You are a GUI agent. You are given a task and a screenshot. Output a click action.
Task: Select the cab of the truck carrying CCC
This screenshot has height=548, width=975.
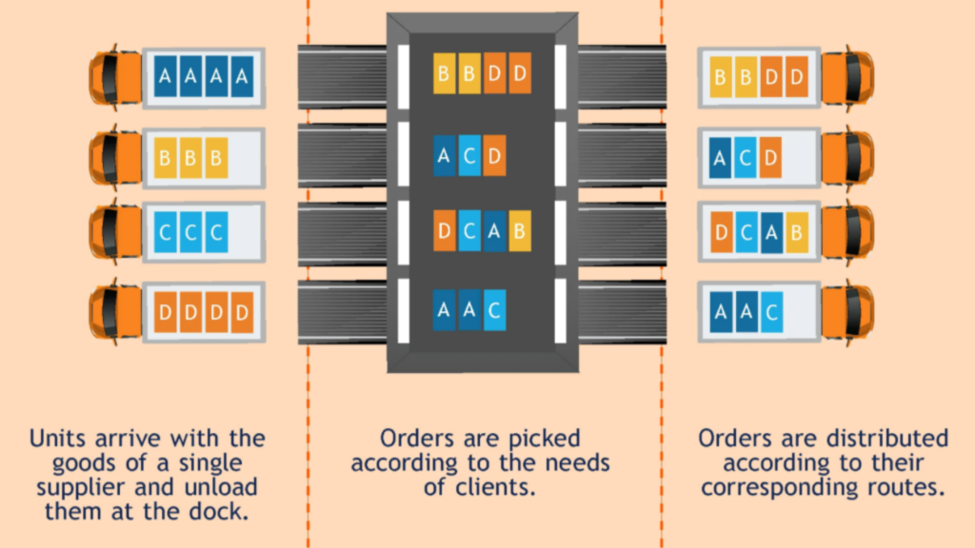113,231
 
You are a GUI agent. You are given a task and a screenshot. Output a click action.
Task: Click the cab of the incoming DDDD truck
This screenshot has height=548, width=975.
113,311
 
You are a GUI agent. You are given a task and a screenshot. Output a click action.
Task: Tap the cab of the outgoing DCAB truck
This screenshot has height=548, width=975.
848,231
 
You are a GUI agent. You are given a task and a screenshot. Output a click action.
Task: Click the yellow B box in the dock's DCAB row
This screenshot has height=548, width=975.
519,231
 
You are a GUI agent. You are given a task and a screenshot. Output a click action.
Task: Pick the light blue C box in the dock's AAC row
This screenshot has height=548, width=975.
494,310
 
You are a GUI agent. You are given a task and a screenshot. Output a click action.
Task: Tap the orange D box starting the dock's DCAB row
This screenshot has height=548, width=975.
445,231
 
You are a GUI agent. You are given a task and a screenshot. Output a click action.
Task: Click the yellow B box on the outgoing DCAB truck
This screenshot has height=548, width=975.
796,231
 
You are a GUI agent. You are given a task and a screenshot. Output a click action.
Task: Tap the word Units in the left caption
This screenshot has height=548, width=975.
58,439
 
